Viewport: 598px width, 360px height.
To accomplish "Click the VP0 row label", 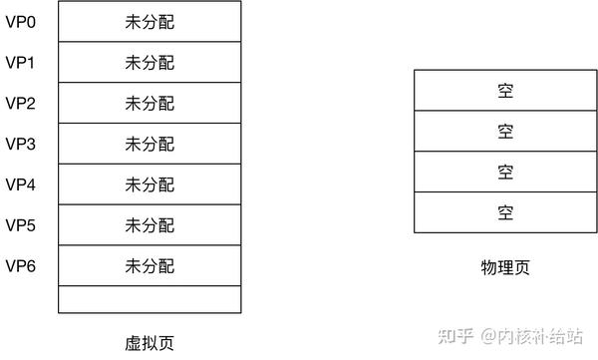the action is coord(20,21).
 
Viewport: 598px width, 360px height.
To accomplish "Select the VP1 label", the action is coord(20,62).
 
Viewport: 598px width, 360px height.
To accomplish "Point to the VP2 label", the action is coord(20,103).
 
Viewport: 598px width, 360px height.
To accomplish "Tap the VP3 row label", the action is coord(20,144).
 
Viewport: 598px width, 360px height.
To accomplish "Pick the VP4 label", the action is coord(20,184).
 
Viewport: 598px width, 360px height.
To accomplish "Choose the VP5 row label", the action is coord(20,225).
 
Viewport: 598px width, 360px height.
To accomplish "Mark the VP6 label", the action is coord(20,265).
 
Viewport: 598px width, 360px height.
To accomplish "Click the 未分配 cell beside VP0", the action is coord(149,22).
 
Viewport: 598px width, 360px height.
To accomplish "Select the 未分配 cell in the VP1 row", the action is coord(149,63).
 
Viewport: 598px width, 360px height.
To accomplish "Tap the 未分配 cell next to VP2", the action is coord(149,103).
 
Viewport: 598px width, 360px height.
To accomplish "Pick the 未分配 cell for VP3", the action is coord(149,144).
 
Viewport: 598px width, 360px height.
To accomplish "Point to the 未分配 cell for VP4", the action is coord(149,184).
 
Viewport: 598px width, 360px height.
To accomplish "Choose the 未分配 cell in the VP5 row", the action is coord(149,225).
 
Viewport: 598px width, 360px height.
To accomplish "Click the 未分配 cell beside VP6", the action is coord(149,265).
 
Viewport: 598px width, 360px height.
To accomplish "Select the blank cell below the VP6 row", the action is coord(149,298).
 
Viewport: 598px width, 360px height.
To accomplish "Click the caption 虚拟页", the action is coord(149,340).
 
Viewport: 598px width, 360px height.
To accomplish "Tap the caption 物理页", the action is coord(504,267).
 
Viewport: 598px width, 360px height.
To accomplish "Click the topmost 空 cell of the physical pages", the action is coord(505,91).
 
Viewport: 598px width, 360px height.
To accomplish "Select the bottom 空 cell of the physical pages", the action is coord(505,211).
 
